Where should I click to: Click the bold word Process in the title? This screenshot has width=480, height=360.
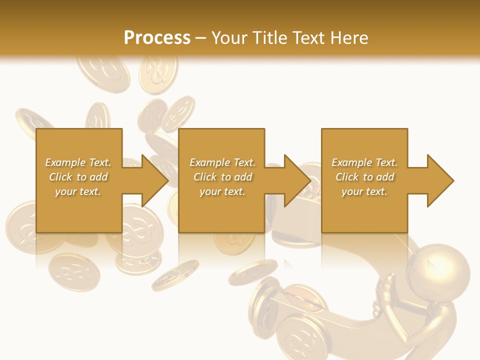[157, 38]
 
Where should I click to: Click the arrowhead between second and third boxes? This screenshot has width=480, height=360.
[297, 180]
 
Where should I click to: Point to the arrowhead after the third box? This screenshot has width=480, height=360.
[440, 180]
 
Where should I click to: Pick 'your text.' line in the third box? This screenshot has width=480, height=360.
[364, 191]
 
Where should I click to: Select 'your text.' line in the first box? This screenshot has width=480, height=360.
[78, 191]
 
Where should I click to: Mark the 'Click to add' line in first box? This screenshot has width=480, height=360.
[78, 177]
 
